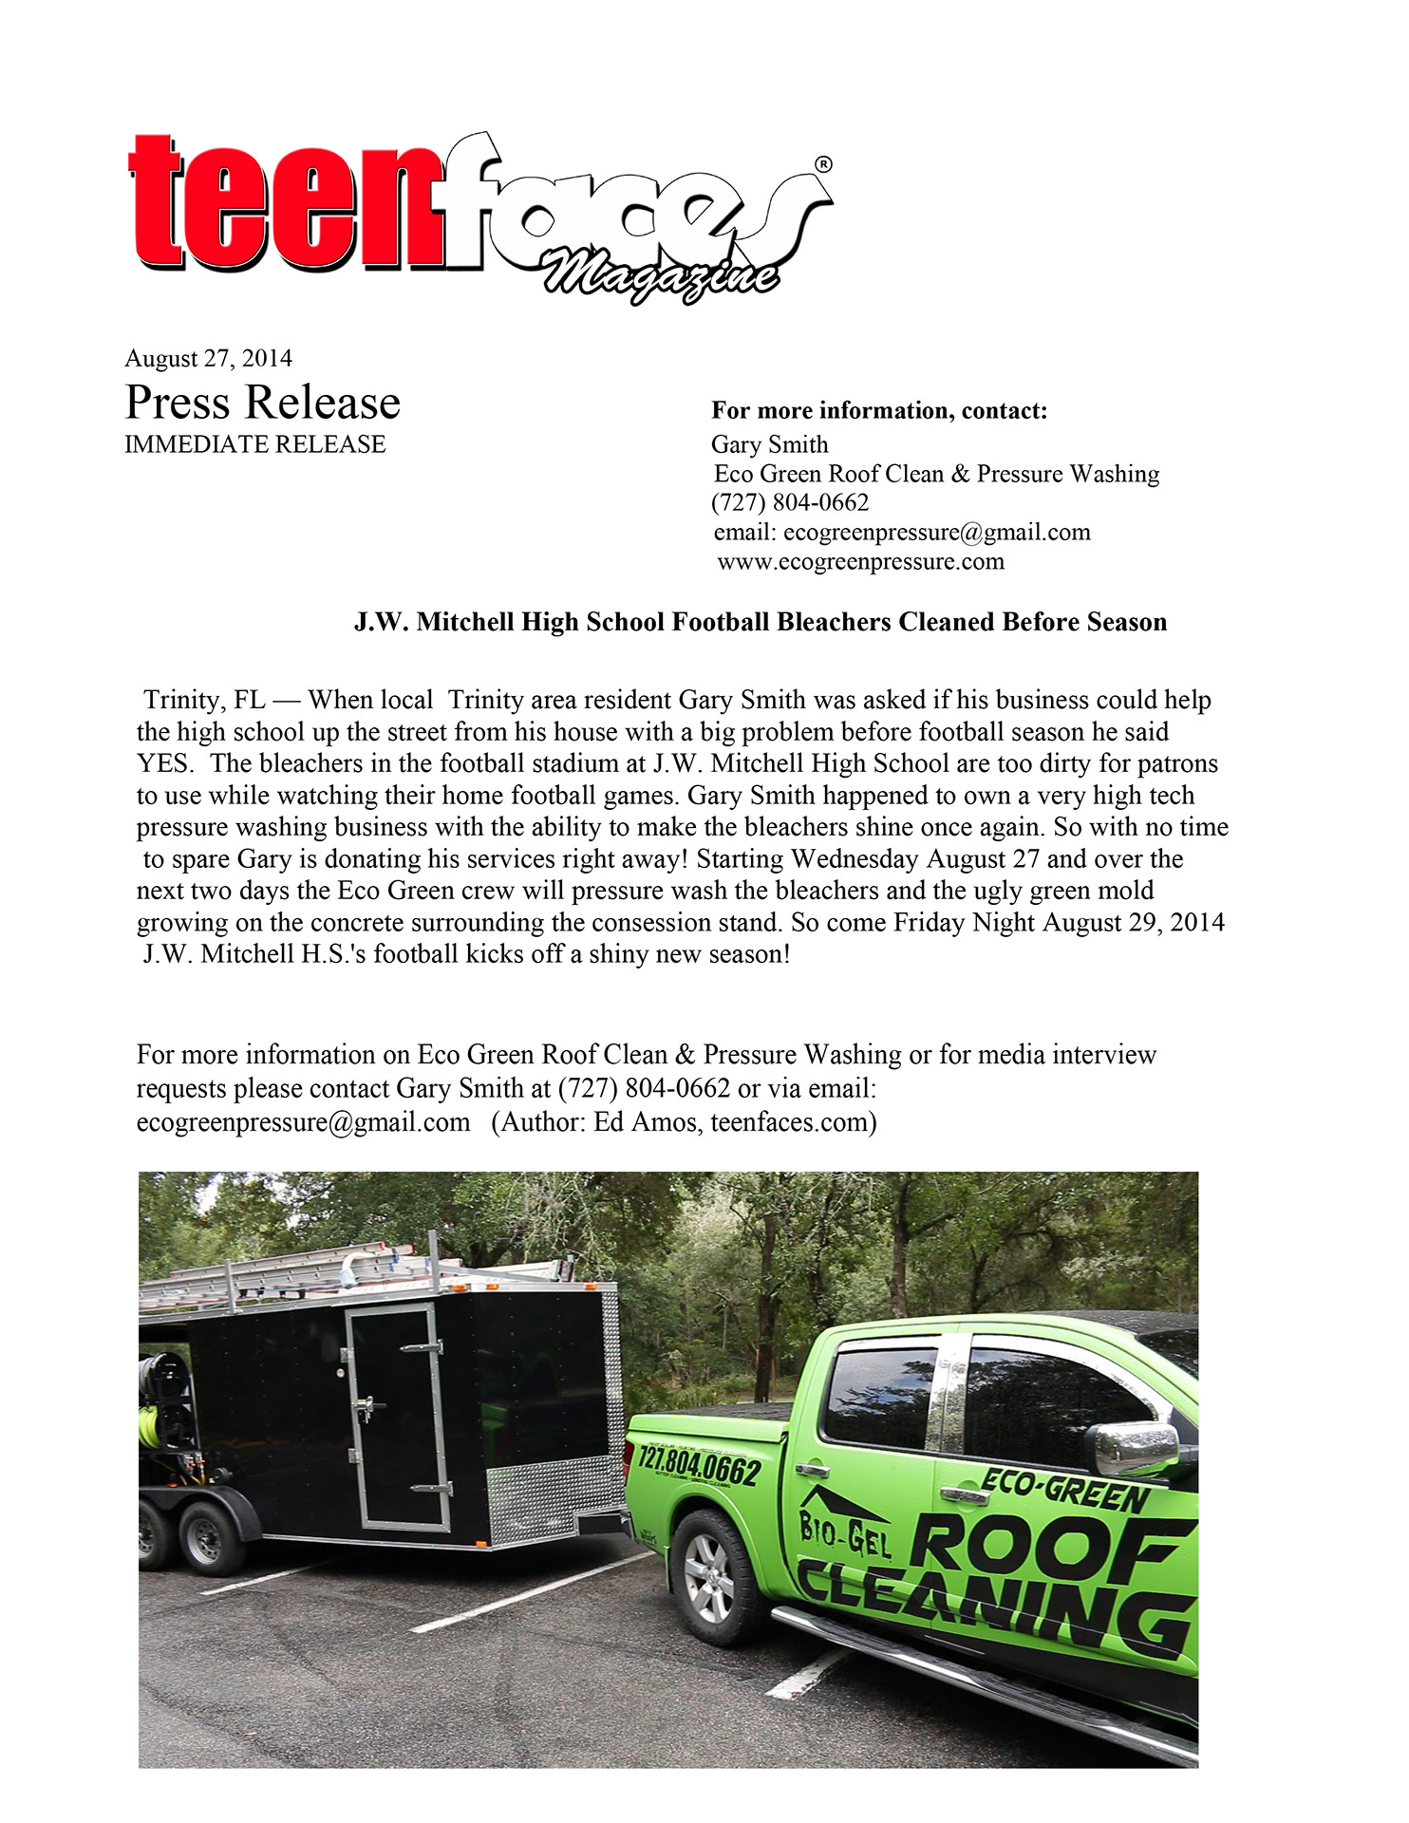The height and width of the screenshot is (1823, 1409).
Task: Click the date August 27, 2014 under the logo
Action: [x=208, y=359]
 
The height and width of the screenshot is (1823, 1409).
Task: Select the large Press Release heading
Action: [x=262, y=403]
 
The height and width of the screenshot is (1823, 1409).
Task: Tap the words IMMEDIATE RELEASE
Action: [x=254, y=444]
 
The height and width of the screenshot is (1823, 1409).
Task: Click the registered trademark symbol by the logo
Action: [x=823, y=164]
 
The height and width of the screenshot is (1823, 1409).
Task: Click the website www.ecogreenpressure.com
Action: [x=860, y=562]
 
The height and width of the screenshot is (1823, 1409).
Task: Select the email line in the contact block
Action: [x=902, y=533]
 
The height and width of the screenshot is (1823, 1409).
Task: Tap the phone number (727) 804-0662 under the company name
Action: [x=790, y=503]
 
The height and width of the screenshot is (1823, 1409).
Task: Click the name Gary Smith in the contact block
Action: [x=769, y=444]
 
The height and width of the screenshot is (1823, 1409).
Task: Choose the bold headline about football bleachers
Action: [x=760, y=623]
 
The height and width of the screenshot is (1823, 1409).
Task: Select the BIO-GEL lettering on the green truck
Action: [x=844, y=1535]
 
